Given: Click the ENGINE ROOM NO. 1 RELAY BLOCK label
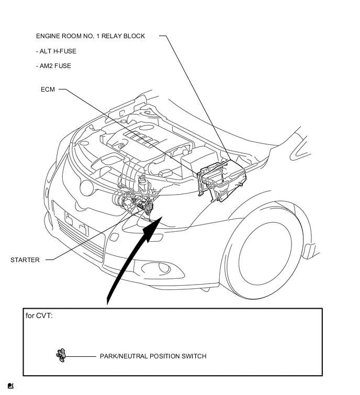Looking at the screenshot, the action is pyautogui.click(x=91, y=36).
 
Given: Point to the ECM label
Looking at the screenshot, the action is pyautogui.click(x=48, y=89).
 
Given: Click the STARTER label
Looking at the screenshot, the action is pyautogui.click(x=25, y=260).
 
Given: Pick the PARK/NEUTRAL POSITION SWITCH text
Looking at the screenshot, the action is pyautogui.click(x=153, y=356).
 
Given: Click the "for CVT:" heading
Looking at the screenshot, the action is pyautogui.click(x=39, y=315).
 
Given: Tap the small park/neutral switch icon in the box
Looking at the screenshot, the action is pyautogui.click(x=61, y=355).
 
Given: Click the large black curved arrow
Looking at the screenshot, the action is pyautogui.click(x=131, y=257).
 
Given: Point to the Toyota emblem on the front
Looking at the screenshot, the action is pyautogui.click(x=86, y=188).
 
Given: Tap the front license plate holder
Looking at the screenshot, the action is pyautogui.click(x=76, y=223).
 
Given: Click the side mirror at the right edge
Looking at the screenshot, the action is pyautogui.click(x=300, y=148).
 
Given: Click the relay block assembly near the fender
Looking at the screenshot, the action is pyautogui.click(x=222, y=179).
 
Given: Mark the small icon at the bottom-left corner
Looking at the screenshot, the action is pyautogui.click(x=10, y=386).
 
